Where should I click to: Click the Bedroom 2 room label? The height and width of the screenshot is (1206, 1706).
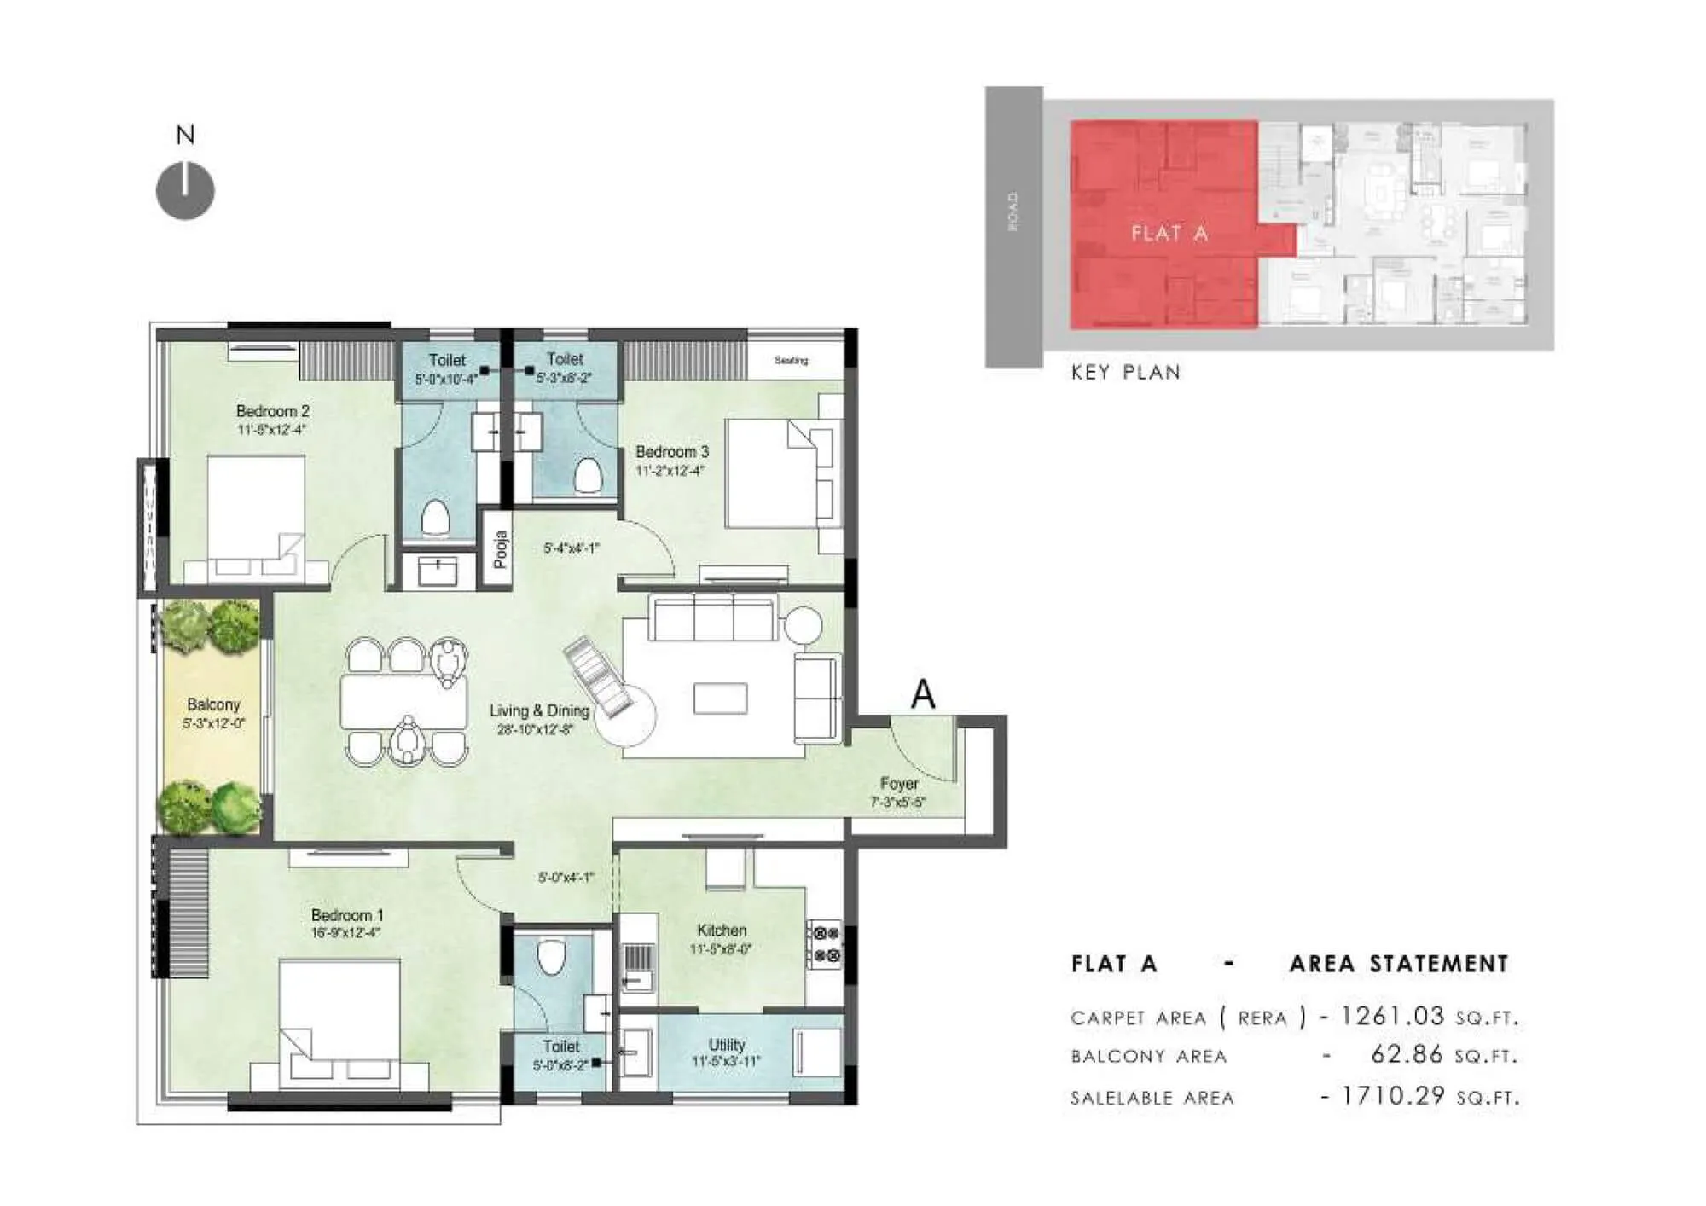pyautogui.click(x=273, y=411)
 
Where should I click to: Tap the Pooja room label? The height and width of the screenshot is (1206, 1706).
pyautogui.click(x=501, y=549)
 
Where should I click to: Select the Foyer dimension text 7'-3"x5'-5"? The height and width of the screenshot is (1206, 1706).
pyautogui.click(x=897, y=803)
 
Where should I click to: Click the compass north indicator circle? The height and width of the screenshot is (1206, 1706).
pyautogui.click(x=185, y=190)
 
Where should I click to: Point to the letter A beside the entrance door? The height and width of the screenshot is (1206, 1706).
pyautogui.click(x=923, y=694)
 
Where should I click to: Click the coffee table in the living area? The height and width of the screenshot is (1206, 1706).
pyautogui.click(x=721, y=699)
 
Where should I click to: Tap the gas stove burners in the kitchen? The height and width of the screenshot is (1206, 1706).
pyautogui.click(x=826, y=945)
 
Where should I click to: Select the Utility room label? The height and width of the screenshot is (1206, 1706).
pyautogui.click(x=727, y=1045)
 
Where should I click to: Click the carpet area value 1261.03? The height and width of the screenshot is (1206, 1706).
pyautogui.click(x=1392, y=1016)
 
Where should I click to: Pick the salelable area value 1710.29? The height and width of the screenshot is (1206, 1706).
pyautogui.click(x=1392, y=1096)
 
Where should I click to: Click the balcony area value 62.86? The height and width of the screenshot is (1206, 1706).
pyautogui.click(x=1407, y=1055)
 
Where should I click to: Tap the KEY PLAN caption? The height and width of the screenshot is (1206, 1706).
pyautogui.click(x=1126, y=373)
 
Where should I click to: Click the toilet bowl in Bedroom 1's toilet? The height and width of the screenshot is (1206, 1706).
pyautogui.click(x=552, y=957)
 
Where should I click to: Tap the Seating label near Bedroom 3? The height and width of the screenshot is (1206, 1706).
pyautogui.click(x=791, y=361)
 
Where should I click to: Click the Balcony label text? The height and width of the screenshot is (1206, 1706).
pyautogui.click(x=213, y=704)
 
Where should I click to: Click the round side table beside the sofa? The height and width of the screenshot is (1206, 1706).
pyautogui.click(x=803, y=624)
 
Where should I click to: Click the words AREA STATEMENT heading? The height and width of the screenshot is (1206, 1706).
pyautogui.click(x=1399, y=965)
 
